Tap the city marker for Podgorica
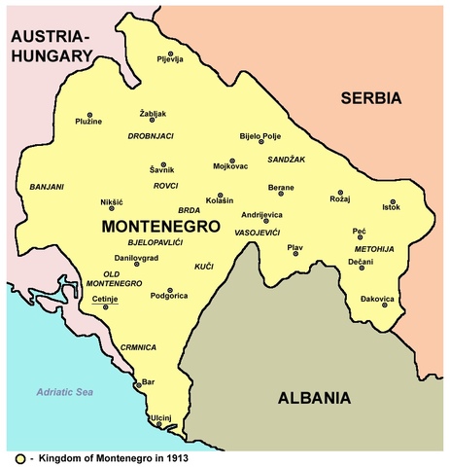click(x=171, y=290)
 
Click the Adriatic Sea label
click(x=62, y=391)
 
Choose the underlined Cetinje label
click(x=104, y=300)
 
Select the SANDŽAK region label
click(x=287, y=158)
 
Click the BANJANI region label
click(x=47, y=185)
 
